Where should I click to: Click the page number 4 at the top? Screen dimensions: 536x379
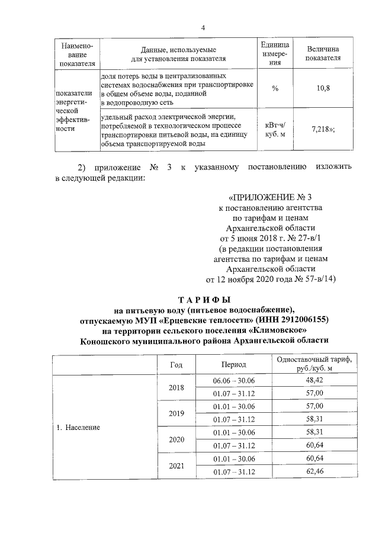tap(203, 28)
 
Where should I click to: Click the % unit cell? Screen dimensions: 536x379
tap(275, 88)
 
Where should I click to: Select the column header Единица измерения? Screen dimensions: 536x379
tap(275, 54)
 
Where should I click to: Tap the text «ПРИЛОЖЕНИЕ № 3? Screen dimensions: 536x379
tap(269, 197)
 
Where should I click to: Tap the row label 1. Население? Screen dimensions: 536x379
tap(79, 426)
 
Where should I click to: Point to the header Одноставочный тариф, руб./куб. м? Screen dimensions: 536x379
tap(314, 364)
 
